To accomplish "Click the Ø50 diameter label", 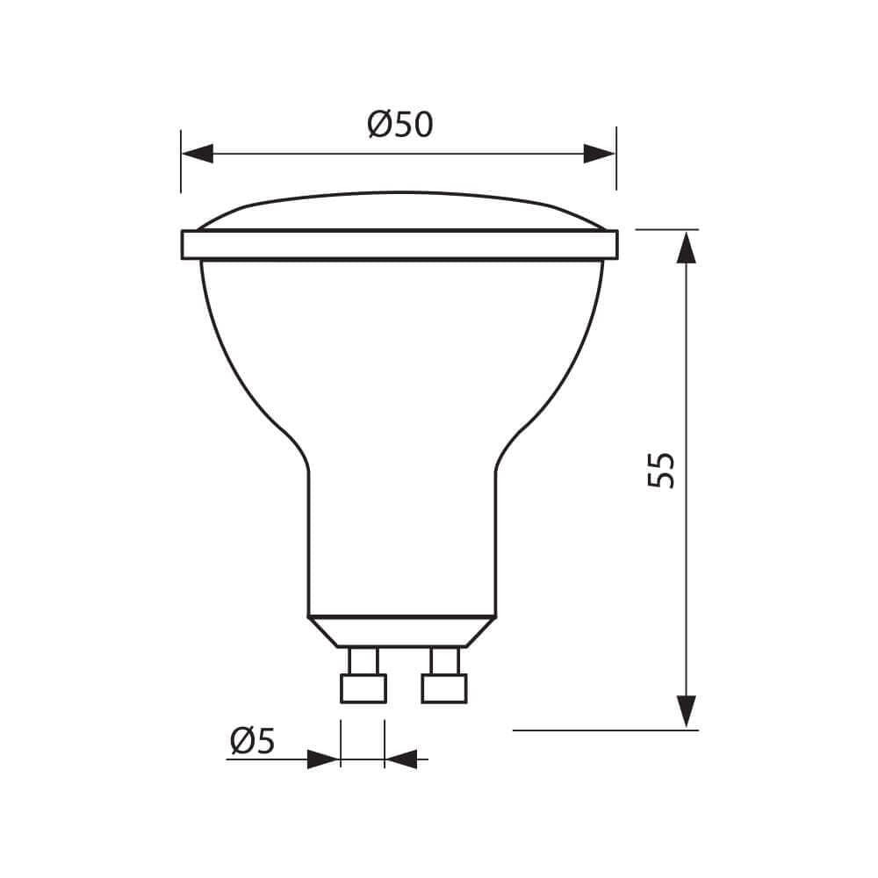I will [400, 125].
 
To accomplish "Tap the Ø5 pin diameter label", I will [252, 742].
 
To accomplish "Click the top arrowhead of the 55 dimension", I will [686, 247].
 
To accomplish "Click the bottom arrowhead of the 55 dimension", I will [686, 711].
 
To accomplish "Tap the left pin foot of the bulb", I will [363, 688].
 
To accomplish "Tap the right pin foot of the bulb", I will [444, 688].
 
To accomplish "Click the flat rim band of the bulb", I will [399, 245].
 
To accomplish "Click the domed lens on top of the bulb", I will [399, 212].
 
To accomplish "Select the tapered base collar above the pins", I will [400, 631].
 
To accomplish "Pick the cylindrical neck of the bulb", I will [400, 544].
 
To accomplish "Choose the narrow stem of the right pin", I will [444, 660].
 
